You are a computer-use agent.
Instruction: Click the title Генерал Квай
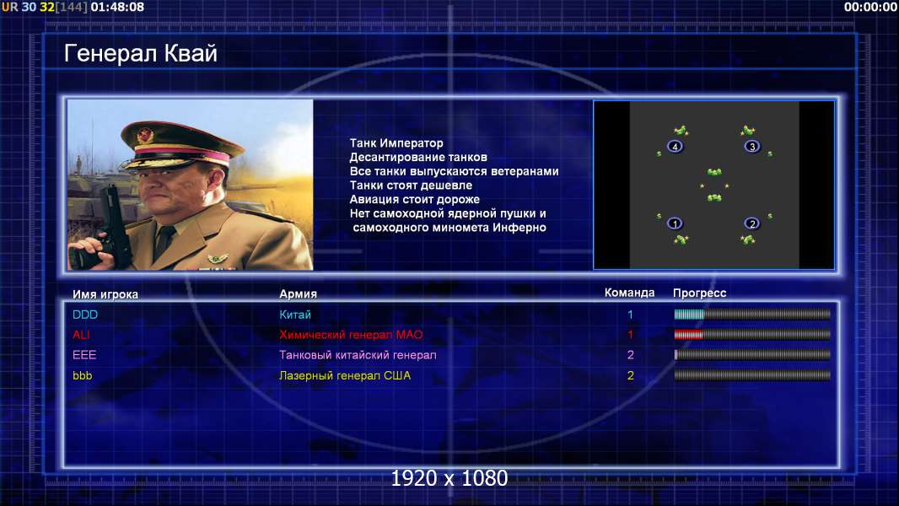pyautogui.click(x=141, y=53)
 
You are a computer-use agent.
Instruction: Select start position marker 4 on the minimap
pyautogui.click(x=675, y=147)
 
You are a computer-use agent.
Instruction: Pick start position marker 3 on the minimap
pyautogui.click(x=752, y=147)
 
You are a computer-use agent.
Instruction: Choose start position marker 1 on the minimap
pyautogui.click(x=675, y=223)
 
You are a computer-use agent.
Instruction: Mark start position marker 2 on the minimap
pyautogui.click(x=752, y=223)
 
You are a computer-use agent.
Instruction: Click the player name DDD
pyautogui.click(x=85, y=315)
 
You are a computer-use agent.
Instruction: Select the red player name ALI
pyautogui.click(x=81, y=335)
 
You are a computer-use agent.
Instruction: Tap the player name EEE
pyautogui.click(x=84, y=355)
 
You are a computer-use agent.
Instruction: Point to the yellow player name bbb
pyautogui.click(x=82, y=376)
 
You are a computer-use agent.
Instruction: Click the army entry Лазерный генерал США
pyautogui.click(x=345, y=376)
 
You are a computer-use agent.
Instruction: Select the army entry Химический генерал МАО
pyautogui.click(x=351, y=335)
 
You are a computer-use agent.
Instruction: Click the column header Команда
pyautogui.click(x=629, y=293)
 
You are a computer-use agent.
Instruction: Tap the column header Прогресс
pyautogui.click(x=699, y=293)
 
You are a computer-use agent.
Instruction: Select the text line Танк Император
pyautogui.click(x=396, y=143)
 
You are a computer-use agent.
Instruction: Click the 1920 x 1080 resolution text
pyautogui.click(x=449, y=478)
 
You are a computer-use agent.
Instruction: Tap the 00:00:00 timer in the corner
pyautogui.click(x=870, y=7)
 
